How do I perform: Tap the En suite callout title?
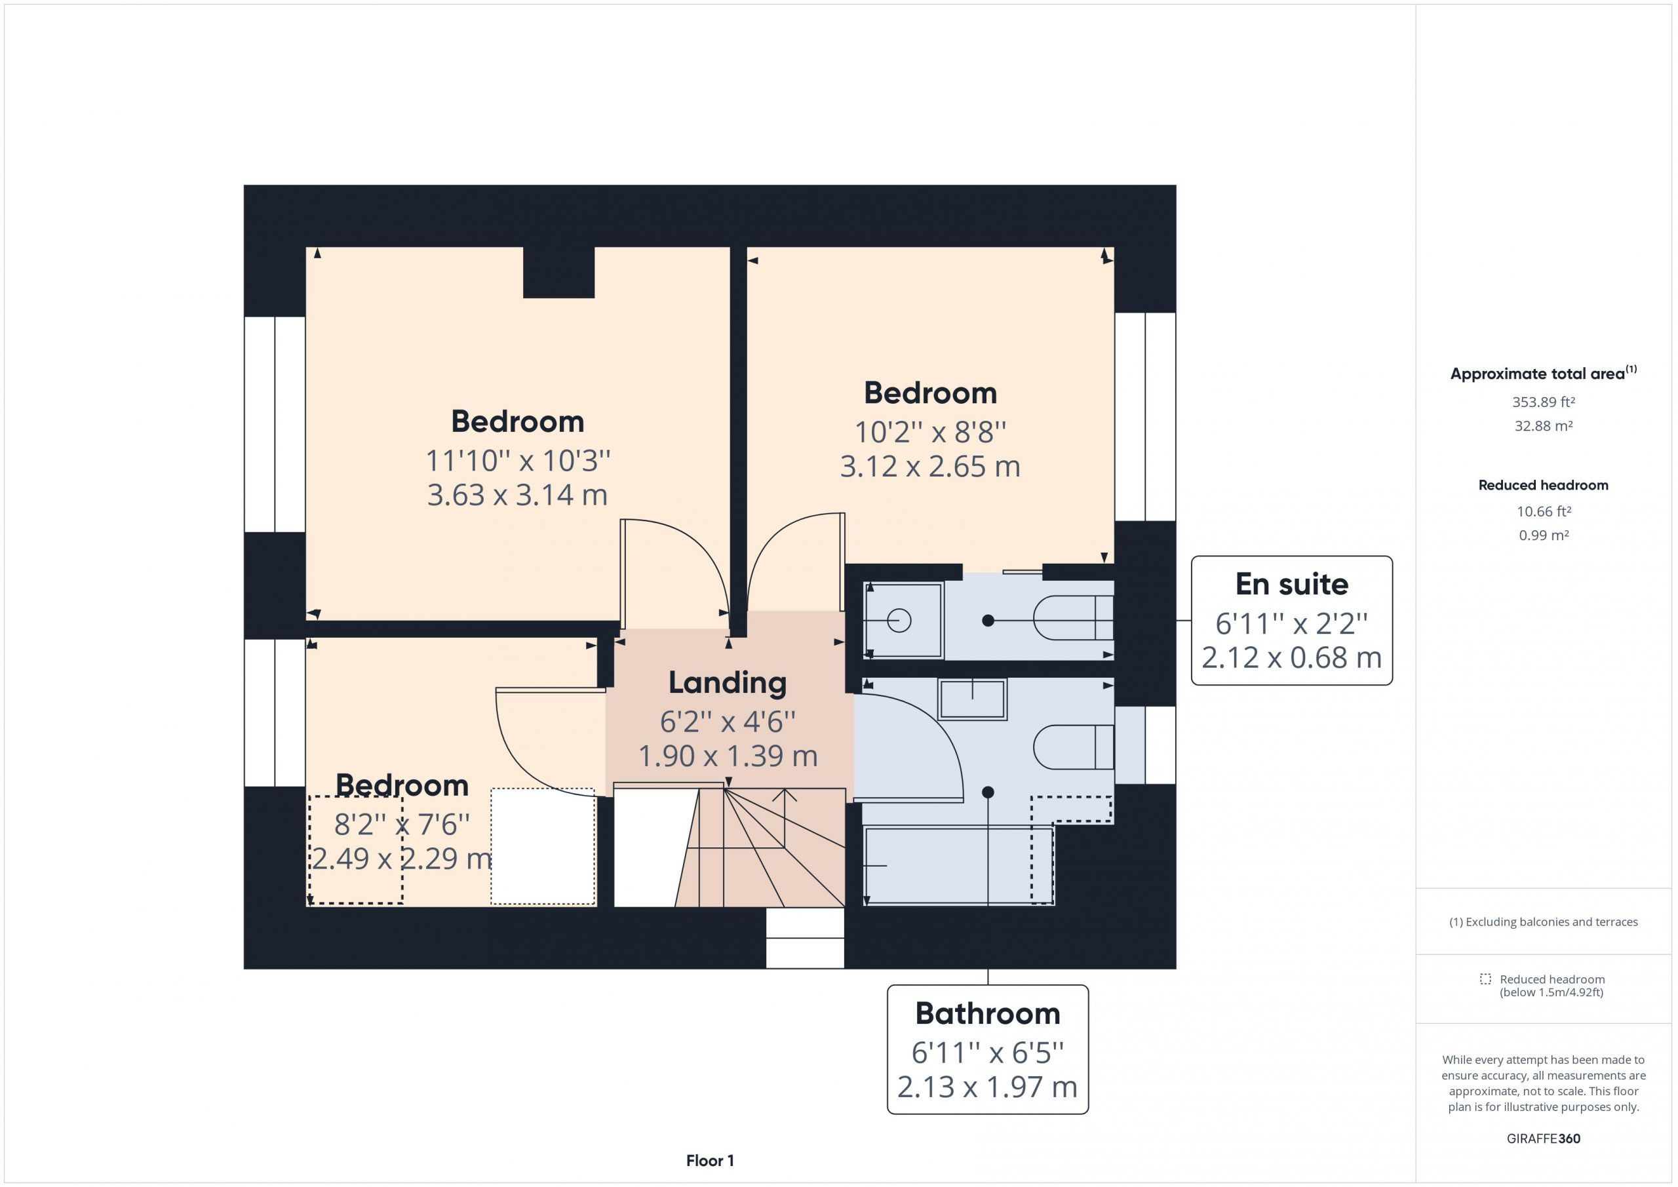1291,584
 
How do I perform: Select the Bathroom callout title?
987,1013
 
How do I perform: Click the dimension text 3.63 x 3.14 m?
517,495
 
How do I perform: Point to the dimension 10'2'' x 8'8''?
929,432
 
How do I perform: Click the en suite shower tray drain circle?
899,621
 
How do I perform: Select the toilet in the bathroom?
1073,747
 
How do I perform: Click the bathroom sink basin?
972,699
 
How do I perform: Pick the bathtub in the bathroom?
958,865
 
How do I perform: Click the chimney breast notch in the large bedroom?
558,272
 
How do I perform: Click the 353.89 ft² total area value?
1543,401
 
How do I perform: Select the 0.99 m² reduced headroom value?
1543,535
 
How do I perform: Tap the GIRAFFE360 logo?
1543,1138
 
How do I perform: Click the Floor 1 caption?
710,1160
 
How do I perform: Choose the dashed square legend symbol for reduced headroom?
1485,979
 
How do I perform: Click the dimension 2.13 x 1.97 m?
987,1087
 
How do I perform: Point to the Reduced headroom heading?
1543,484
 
